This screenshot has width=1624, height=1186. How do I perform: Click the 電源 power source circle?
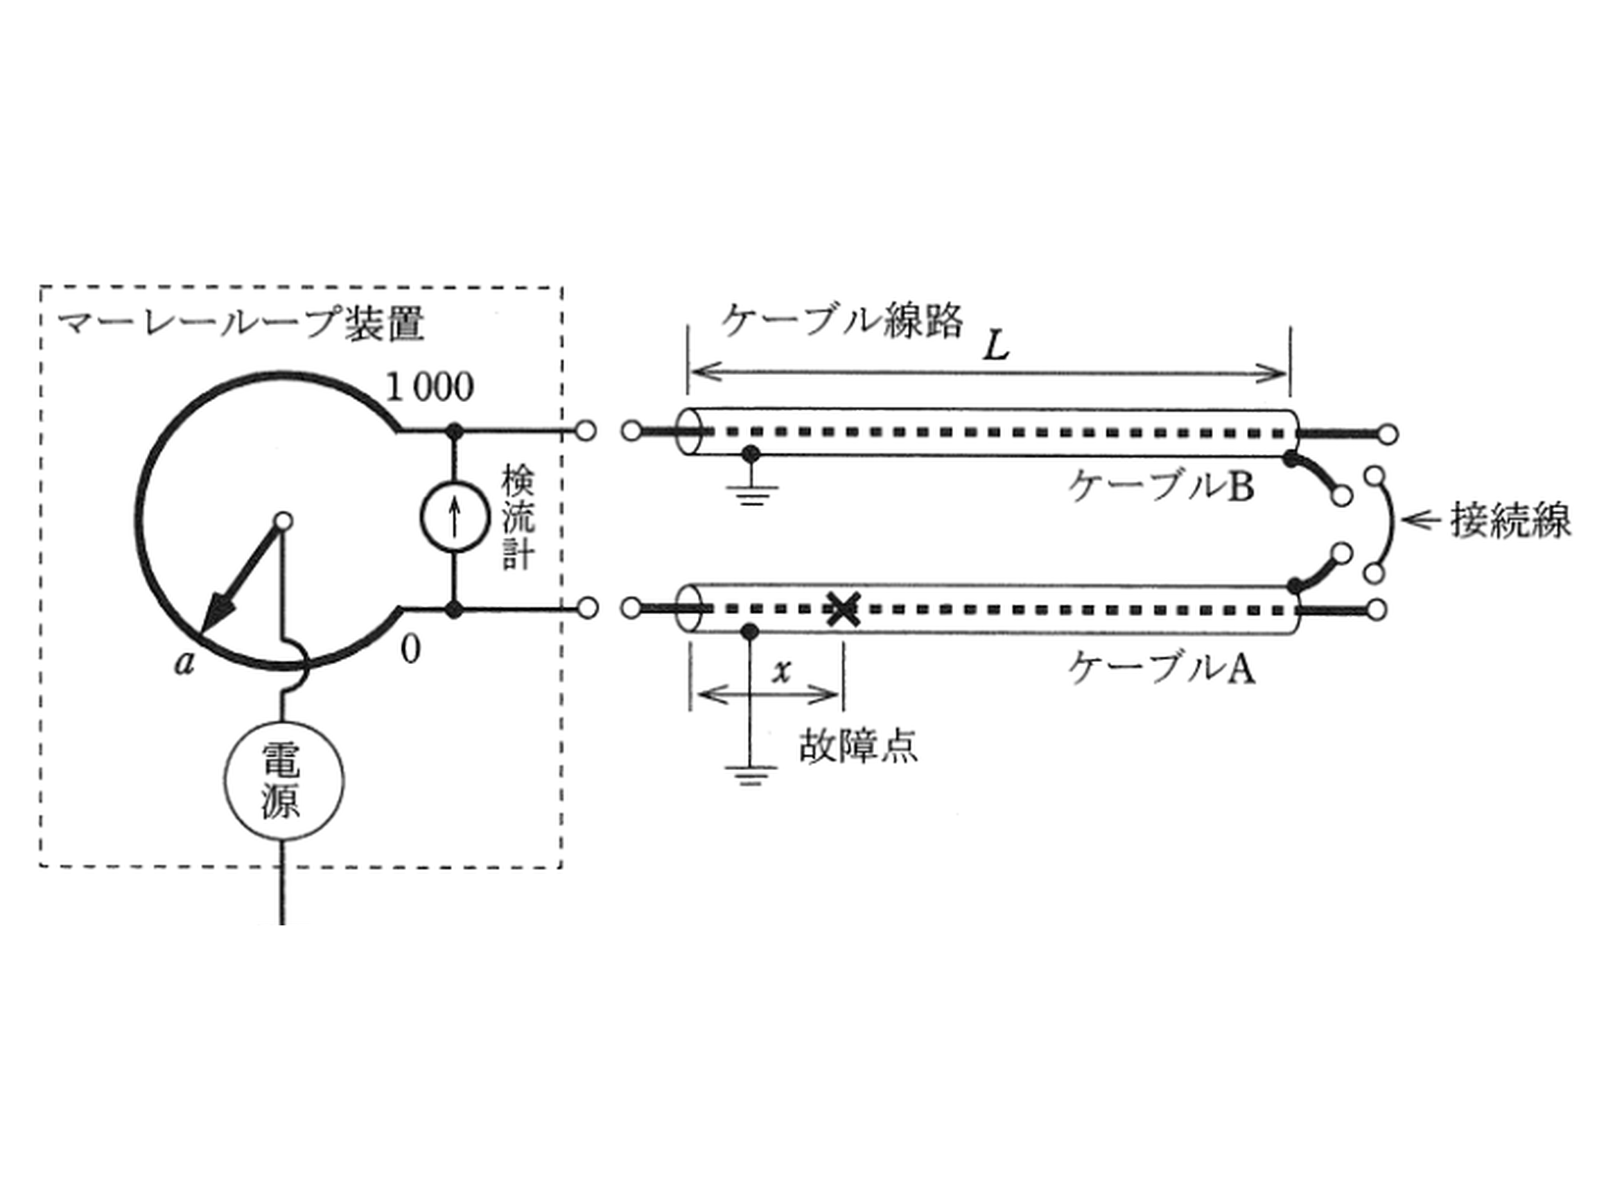click(x=283, y=782)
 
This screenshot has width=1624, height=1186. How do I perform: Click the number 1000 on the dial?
click(x=430, y=387)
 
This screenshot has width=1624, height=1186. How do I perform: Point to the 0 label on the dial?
click(x=410, y=649)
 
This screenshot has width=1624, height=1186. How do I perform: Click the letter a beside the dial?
click(x=185, y=662)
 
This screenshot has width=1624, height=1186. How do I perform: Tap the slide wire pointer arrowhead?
click(x=216, y=614)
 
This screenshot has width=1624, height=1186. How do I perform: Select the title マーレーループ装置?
click(x=242, y=324)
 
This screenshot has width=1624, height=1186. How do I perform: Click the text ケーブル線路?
click(x=842, y=320)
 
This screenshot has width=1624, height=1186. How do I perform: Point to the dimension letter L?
click(x=997, y=347)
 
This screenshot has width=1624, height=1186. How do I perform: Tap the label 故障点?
click(x=859, y=747)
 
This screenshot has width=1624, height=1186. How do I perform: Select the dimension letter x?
click(x=781, y=671)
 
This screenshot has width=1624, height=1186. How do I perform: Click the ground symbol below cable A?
click(x=750, y=776)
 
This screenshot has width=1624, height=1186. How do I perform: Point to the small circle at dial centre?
click(x=283, y=521)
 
